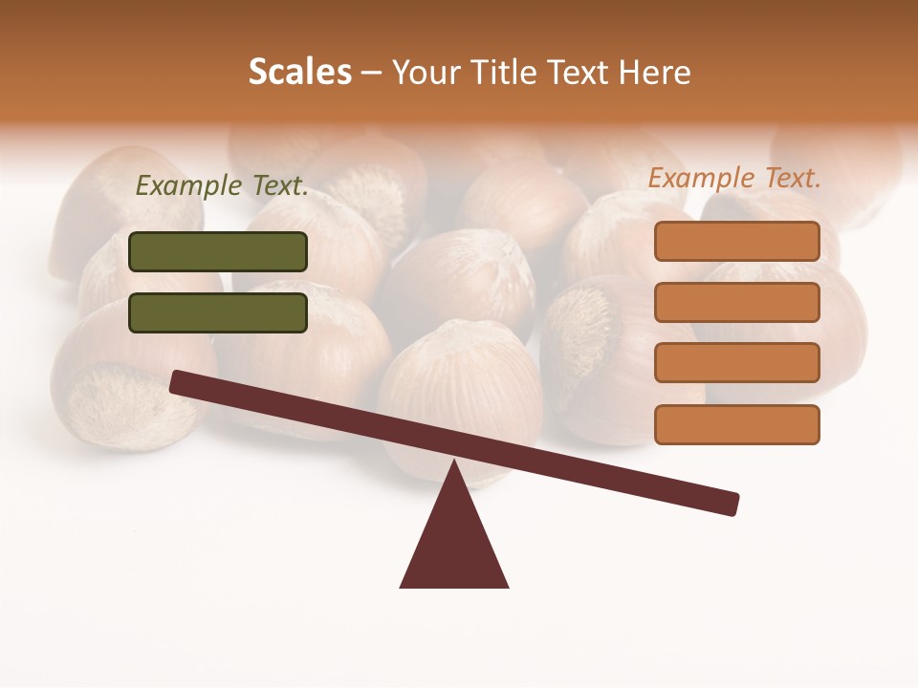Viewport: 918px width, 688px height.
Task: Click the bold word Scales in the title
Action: pos(299,72)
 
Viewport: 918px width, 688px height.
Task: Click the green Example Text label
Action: pos(222,186)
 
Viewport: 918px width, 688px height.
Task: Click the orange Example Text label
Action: pos(734,178)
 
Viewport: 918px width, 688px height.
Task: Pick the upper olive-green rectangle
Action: pos(218,251)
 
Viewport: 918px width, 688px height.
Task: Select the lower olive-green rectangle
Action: pos(218,312)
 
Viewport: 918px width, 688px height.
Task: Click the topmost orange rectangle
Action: pos(736,241)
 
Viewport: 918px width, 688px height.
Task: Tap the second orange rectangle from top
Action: pos(736,302)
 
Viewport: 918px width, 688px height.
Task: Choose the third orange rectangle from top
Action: pos(736,363)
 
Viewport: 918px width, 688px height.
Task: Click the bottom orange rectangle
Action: pos(736,424)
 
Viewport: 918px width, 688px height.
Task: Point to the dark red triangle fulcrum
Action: pos(454,545)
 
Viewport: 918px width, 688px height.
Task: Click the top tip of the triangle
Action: pos(454,463)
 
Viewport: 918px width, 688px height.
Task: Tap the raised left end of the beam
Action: pos(178,381)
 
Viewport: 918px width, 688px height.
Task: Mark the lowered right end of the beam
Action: pos(731,504)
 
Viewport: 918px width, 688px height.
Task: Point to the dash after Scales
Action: pos(372,73)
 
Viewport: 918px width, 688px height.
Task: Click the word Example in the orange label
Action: pos(701,178)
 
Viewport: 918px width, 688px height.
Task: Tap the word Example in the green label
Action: pos(188,186)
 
